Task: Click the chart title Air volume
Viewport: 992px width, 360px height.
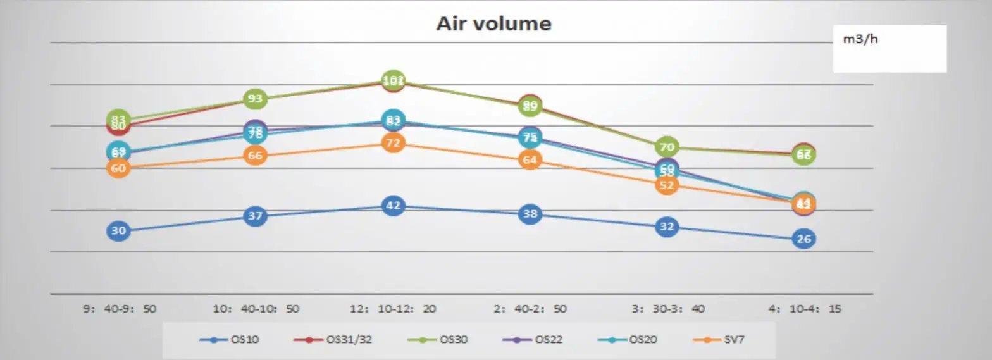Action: coord(493,23)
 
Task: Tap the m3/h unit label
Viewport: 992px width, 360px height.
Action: coord(861,39)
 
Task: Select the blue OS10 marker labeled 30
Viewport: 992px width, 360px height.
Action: coord(118,231)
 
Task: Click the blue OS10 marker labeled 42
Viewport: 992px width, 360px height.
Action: coord(393,206)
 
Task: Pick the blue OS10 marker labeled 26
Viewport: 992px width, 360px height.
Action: coord(803,239)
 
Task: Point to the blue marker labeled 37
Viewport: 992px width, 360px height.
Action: coord(255,216)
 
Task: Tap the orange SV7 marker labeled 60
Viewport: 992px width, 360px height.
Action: coord(118,168)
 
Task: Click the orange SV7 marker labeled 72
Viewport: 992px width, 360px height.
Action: coord(393,143)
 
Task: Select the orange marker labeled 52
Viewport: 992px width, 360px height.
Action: coord(666,185)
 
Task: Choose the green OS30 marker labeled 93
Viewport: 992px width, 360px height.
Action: coord(255,99)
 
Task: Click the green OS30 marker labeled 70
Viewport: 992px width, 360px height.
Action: coord(666,147)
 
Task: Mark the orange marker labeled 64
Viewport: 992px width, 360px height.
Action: coord(530,160)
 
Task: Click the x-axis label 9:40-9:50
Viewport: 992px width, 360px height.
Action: coord(120,309)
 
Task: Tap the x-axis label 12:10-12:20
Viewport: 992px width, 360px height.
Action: coord(393,309)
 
